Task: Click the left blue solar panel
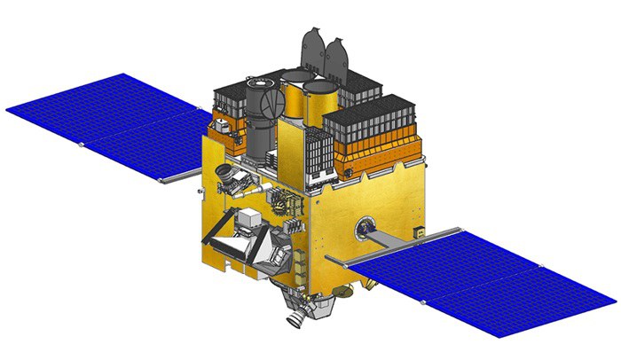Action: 106,124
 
